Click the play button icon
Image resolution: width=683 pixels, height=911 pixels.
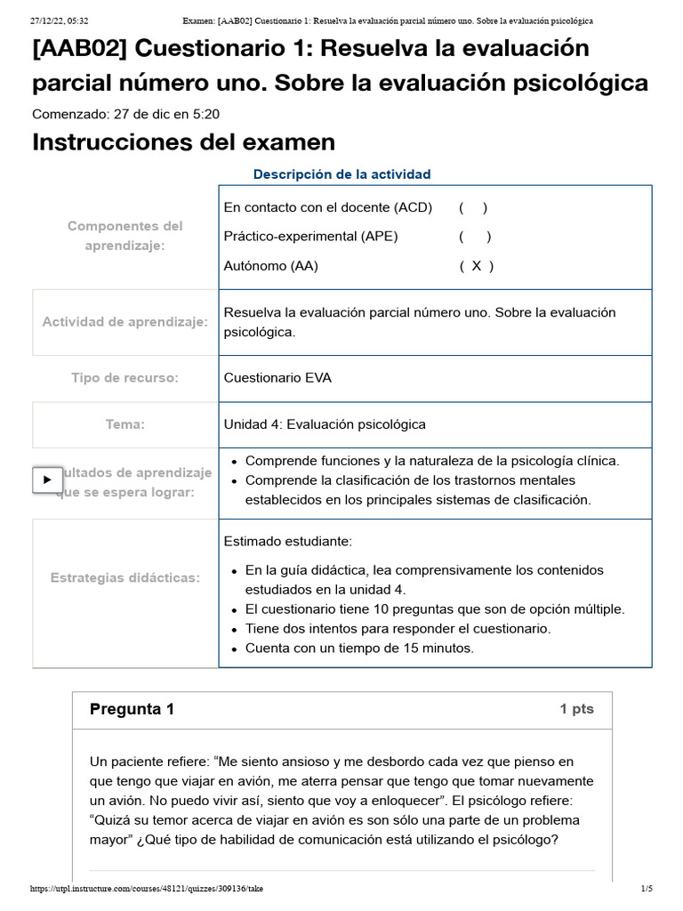[x=47, y=480]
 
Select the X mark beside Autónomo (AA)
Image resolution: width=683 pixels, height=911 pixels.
[x=477, y=266]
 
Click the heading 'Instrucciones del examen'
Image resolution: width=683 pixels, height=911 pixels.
[x=183, y=142]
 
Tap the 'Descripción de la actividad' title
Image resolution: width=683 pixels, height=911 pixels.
[x=341, y=174]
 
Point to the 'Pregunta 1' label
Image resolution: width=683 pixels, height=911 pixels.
[x=132, y=709]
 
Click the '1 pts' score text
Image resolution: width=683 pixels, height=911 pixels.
[x=576, y=709]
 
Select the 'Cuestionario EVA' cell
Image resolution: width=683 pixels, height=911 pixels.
[x=277, y=378]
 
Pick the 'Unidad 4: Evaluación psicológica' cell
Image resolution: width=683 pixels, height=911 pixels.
[x=325, y=424]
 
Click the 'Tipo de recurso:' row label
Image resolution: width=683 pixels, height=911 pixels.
[x=125, y=378]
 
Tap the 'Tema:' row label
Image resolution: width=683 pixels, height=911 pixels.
[x=125, y=424]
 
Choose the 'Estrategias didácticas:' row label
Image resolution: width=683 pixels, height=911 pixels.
[x=125, y=578]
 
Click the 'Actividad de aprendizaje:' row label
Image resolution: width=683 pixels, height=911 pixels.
[x=125, y=322]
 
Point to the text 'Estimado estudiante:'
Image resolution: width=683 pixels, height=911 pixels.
[x=288, y=541]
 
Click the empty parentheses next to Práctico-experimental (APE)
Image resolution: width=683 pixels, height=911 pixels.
[x=476, y=237]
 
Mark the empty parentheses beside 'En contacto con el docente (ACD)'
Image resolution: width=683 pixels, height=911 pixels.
[x=473, y=207]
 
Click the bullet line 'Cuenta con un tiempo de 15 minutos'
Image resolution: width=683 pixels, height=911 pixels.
[x=359, y=649]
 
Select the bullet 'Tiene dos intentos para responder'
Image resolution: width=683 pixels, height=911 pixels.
[x=398, y=629]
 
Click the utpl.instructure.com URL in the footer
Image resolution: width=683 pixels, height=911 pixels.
[x=147, y=889]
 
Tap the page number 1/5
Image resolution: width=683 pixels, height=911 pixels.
[x=647, y=889]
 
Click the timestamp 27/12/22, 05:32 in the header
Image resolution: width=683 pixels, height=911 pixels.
[x=59, y=20]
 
